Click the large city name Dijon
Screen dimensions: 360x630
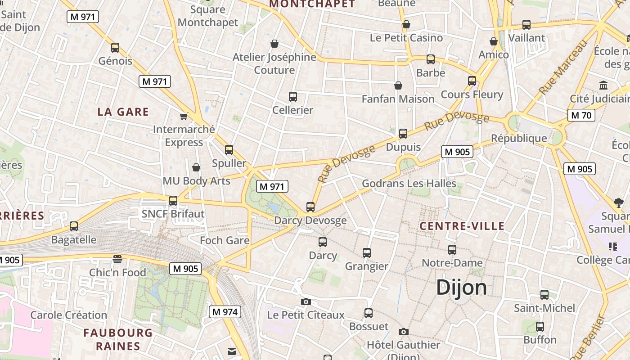point(461,287)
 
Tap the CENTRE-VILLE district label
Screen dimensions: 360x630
point(462,226)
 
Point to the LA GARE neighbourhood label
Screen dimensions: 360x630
point(123,112)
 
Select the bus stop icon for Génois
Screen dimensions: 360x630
point(115,47)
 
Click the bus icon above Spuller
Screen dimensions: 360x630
point(229,150)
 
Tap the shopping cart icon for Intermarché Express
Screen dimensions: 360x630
point(184,117)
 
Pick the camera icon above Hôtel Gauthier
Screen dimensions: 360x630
point(404,332)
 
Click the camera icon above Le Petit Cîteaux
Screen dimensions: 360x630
point(306,301)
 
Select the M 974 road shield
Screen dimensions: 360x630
point(225,311)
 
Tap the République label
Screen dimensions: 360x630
point(519,138)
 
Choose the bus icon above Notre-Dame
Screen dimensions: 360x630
point(452,249)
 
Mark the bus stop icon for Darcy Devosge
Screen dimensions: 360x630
point(310,207)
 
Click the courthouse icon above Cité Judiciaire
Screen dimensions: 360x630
point(603,85)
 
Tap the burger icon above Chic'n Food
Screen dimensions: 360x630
point(117,259)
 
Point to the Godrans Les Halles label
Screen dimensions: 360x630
point(409,184)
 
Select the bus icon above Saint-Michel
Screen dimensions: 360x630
point(544,295)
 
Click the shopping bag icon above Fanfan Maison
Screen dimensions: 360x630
point(398,85)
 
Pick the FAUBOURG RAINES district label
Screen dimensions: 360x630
point(118,339)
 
